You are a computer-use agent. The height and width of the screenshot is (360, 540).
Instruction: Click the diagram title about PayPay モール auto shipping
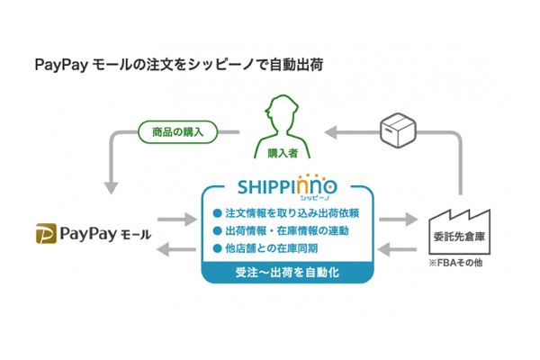click(177, 65)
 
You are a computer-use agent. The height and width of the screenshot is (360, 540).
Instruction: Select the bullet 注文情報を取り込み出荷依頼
click(281, 213)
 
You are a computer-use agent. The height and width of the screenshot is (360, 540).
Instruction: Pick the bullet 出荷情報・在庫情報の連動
click(281, 230)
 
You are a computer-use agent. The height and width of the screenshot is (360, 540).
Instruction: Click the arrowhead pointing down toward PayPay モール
click(109, 187)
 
